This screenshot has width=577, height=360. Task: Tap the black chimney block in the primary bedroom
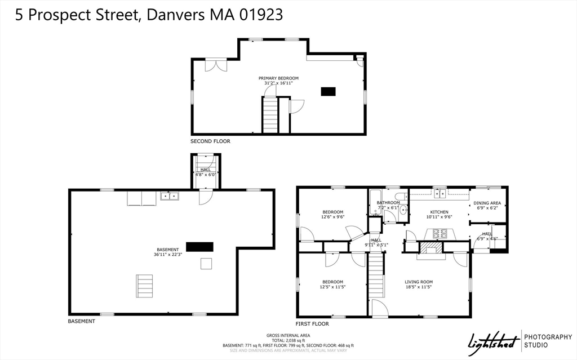pyautogui.click(x=328, y=91)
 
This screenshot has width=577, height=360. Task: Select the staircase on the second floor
pyautogui.click(x=270, y=115)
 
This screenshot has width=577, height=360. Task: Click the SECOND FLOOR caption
pyautogui.click(x=210, y=141)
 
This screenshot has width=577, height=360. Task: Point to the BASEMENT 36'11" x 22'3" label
pyautogui.click(x=167, y=252)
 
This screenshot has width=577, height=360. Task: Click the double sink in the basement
pyautogui.click(x=169, y=196)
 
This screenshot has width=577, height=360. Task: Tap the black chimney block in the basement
pyautogui.click(x=199, y=246)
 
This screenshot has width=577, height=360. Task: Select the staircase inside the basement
pyautogui.click(x=144, y=286)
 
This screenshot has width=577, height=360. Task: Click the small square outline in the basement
pyautogui.click(x=206, y=264)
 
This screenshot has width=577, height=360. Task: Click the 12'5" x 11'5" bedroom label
pyautogui.click(x=332, y=285)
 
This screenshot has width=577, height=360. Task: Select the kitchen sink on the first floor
pyautogui.click(x=439, y=193)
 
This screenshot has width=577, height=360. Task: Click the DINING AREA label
pyautogui.click(x=487, y=205)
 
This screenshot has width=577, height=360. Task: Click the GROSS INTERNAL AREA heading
pyautogui.click(x=288, y=335)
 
